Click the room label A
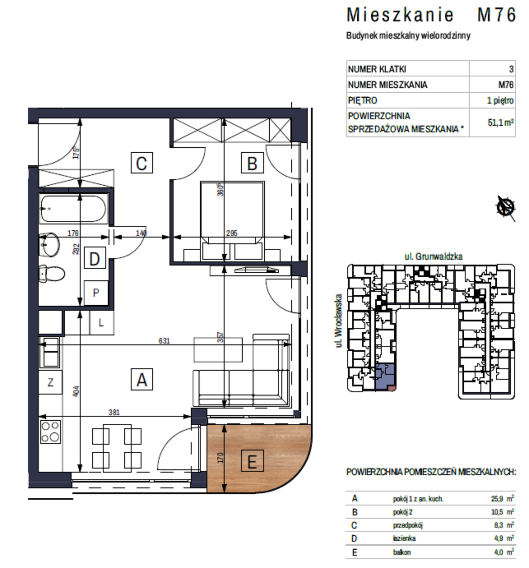pyautogui.click(x=142, y=379)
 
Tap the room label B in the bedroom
pyautogui.click(x=252, y=163)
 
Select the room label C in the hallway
pyautogui.click(x=142, y=163)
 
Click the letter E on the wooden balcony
pyautogui.click(x=252, y=461)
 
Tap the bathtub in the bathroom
pyautogui.click(x=74, y=208)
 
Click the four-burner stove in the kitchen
pyautogui.click(x=50, y=431)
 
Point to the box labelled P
pyautogui.click(x=96, y=293)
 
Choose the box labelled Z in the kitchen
pyautogui.click(x=50, y=382)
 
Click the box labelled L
pyautogui.click(x=102, y=323)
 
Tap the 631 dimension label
pyautogui.click(x=164, y=341)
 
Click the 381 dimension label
pyautogui.click(x=114, y=412)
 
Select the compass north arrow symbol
pyautogui.click(x=506, y=208)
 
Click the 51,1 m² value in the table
pyautogui.click(x=501, y=122)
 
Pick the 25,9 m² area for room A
pyautogui.click(x=502, y=498)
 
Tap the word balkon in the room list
pyautogui.click(x=402, y=552)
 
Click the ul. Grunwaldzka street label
pyautogui.click(x=433, y=256)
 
